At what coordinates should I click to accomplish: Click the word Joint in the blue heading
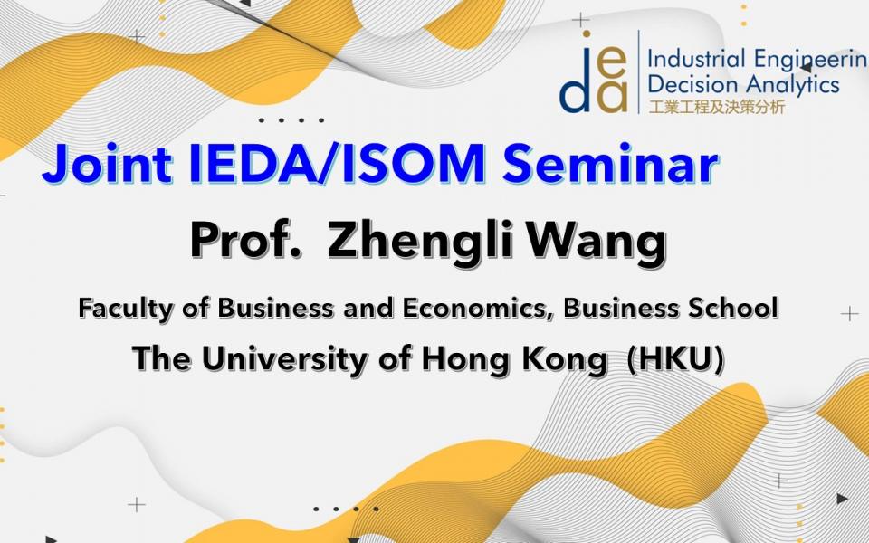click(107, 165)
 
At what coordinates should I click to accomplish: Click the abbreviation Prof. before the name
click(246, 241)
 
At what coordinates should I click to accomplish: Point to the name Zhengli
click(419, 243)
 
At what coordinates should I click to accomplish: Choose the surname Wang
click(597, 243)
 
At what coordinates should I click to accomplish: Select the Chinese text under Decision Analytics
click(717, 107)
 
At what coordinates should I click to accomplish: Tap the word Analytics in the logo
click(792, 85)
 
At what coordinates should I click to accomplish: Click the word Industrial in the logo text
click(695, 60)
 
